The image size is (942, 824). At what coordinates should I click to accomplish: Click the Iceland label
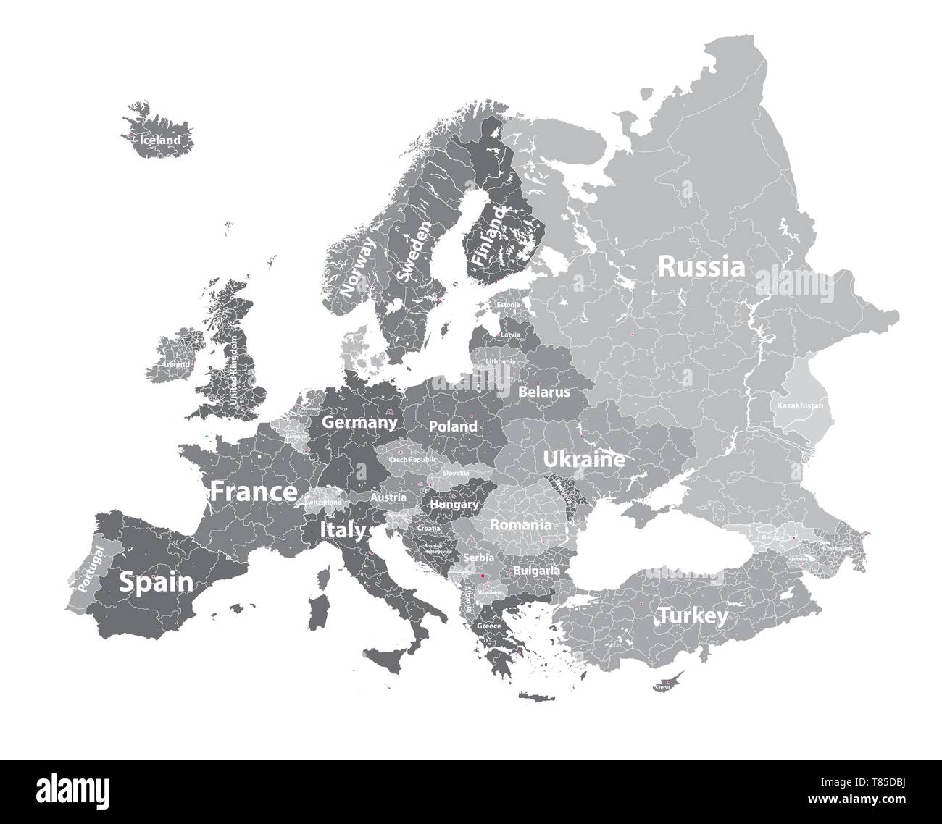(x=159, y=140)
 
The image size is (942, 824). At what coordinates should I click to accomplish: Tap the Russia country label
(x=701, y=266)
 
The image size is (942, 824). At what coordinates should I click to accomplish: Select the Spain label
(x=157, y=581)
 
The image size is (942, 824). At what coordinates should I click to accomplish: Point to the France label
(x=254, y=492)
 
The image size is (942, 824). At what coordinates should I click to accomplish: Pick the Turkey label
(x=692, y=615)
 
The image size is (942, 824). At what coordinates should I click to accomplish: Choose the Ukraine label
(x=584, y=459)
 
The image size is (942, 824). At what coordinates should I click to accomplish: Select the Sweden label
(x=414, y=251)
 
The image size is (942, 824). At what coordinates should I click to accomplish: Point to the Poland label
(x=453, y=426)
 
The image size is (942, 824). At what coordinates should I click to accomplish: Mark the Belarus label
(x=544, y=392)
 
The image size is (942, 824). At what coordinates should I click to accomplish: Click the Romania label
(x=521, y=524)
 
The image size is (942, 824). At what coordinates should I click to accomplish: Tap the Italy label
(x=343, y=531)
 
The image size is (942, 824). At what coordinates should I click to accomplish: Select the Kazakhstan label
(x=800, y=406)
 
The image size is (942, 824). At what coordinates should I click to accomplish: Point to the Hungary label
(x=454, y=504)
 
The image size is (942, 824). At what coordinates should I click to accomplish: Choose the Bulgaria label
(x=536, y=571)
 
